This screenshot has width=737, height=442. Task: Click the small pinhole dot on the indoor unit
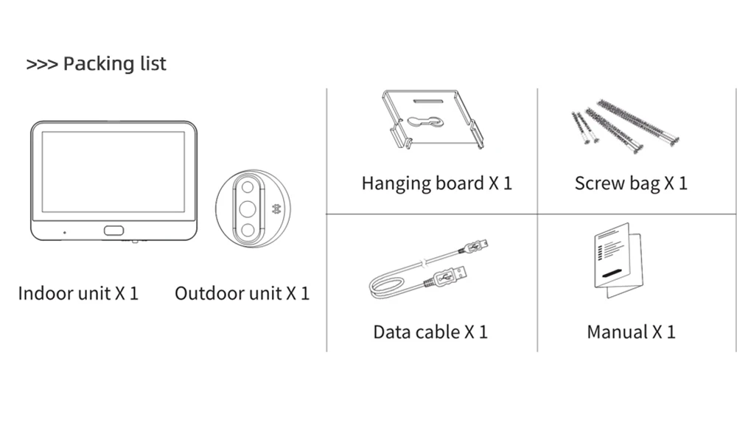(x=64, y=232)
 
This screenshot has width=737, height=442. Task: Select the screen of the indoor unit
(x=113, y=172)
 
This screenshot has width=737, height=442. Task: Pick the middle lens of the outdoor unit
(x=248, y=208)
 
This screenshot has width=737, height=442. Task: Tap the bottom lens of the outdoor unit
(x=248, y=230)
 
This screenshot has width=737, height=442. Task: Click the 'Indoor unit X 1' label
(x=78, y=293)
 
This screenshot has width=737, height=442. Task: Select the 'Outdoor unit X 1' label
(x=242, y=293)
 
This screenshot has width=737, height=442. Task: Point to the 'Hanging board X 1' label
(x=436, y=183)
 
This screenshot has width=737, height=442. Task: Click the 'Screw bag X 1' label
(x=631, y=183)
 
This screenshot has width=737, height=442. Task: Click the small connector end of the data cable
(x=479, y=246)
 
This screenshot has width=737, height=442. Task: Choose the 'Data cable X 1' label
(x=430, y=331)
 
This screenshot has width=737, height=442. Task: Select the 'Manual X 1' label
(x=631, y=331)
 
